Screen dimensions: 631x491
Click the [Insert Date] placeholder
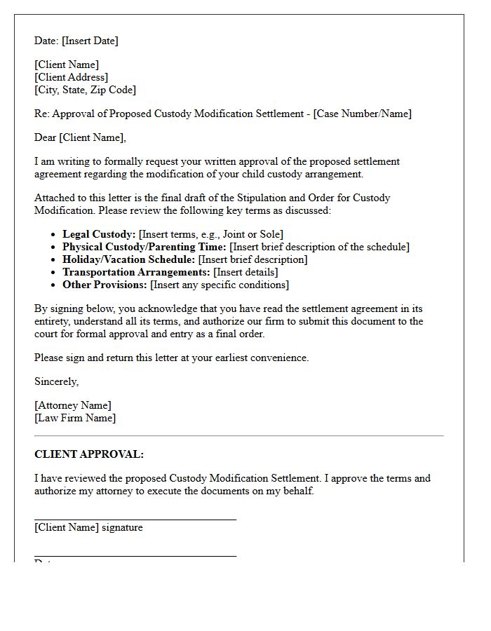(x=90, y=41)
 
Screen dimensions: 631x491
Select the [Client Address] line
(x=71, y=77)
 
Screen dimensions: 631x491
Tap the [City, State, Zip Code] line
(x=85, y=90)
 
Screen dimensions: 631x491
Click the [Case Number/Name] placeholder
(x=363, y=114)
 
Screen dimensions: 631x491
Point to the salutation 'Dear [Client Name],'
(x=80, y=137)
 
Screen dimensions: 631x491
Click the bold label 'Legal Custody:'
(x=99, y=234)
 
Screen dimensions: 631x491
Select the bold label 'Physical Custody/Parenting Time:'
(x=144, y=247)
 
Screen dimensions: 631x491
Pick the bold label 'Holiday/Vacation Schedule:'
(x=128, y=259)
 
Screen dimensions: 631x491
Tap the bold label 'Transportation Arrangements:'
(x=136, y=272)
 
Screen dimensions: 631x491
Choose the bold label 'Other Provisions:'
(x=105, y=285)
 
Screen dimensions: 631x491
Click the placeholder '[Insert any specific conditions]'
(x=220, y=285)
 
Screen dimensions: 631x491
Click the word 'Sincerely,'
(x=56, y=381)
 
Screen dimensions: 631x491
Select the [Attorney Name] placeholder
(x=72, y=405)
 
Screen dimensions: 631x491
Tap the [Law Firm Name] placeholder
(x=75, y=418)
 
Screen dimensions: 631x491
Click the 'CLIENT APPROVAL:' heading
(x=89, y=454)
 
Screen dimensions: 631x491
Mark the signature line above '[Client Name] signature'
(x=135, y=520)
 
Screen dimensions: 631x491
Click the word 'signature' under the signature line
(x=122, y=527)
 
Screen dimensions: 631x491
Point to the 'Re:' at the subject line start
(x=41, y=114)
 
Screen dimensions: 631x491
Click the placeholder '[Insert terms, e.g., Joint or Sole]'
(x=211, y=234)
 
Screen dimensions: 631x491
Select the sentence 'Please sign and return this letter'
(x=171, y=358)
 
